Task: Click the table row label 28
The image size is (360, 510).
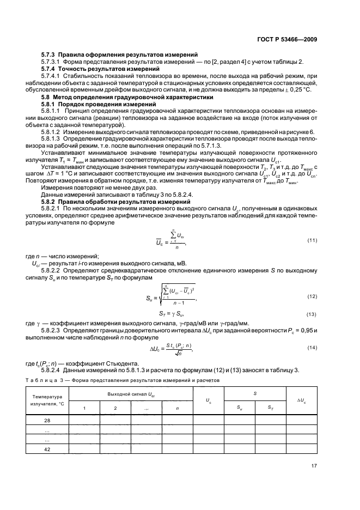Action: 47,420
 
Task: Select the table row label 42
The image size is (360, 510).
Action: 47,449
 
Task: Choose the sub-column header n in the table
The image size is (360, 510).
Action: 178,407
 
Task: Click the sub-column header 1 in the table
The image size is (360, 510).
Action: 84,407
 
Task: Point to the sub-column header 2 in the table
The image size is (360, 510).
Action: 115,407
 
